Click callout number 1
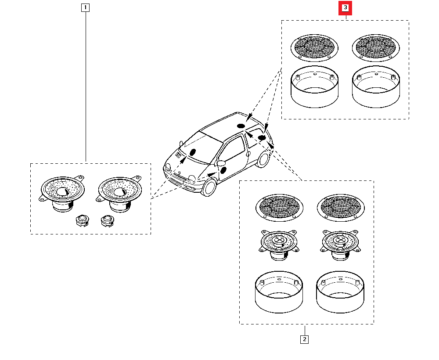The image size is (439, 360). (x=85, y=7)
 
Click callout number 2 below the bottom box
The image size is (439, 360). (x=304, y=339)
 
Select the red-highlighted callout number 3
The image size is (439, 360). (x=345, y=8)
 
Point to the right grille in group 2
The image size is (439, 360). (x=340, y=207)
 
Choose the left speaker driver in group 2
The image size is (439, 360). (x=278, y=244)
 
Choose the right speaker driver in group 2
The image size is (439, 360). (x=340, y=244)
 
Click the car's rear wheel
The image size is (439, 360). (x=263, y=159)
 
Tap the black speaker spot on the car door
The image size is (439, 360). (x=223, y=170)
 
